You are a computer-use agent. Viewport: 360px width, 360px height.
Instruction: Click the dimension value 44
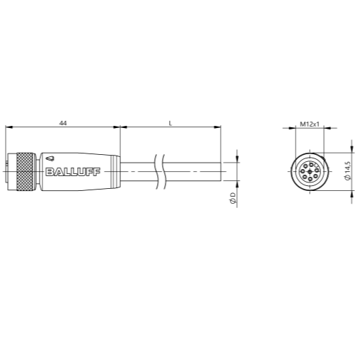click(63, 123)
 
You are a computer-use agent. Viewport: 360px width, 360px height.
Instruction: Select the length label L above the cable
click(170, 123)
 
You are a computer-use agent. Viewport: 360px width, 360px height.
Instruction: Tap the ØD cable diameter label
click(233, 197)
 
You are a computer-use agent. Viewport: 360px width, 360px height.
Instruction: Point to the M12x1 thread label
click(309, 124)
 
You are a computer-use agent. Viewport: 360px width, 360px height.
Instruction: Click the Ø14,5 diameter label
click(348, 170)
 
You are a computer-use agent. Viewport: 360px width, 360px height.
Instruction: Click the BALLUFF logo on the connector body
click(73, 172)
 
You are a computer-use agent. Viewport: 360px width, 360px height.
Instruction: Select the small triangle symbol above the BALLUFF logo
click(50, 158)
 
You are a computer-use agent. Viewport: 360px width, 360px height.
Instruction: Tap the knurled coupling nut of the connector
click(26, 172)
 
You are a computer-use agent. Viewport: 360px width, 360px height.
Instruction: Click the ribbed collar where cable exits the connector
click(115, 172)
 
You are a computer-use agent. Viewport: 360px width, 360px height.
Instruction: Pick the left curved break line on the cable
click(156, 172)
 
